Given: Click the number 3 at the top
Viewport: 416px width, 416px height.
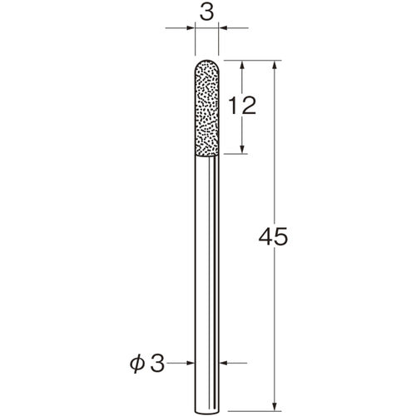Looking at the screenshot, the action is click(207, 13).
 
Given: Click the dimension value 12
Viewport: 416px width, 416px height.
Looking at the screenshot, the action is click(242, 106).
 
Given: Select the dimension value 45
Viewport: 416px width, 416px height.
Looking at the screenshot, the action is click(274, 236).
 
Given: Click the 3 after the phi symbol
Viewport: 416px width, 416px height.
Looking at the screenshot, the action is click(157, 363).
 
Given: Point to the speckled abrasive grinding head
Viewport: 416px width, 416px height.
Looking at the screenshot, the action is click(207, 108).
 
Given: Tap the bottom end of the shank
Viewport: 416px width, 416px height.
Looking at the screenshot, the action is click(207, 414).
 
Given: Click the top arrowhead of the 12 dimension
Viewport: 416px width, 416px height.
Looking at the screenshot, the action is click(242, 65).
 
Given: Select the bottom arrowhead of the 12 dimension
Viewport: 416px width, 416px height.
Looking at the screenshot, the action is click(242, 149).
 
